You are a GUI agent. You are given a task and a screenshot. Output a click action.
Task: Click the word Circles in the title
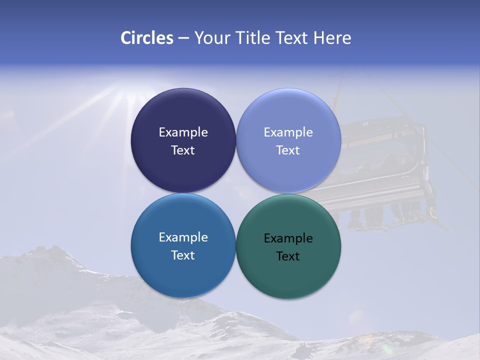pos(146,38)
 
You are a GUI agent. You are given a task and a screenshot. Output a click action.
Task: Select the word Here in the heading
pos(332,38)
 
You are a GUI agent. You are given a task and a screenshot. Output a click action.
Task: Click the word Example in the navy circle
pos(183,132)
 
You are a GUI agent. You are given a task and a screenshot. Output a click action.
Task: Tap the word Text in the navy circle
pos(183,150)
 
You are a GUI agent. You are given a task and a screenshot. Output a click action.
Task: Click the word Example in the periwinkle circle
pos(288,132)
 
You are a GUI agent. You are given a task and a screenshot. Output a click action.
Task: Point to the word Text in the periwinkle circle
pos(288,150)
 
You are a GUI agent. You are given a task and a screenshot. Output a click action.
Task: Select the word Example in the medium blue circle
pos(183,237)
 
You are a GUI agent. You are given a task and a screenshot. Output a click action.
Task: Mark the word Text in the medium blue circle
pos(183,255)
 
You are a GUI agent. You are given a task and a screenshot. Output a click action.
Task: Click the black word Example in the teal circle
pos(288,238)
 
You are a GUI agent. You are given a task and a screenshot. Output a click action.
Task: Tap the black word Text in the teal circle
pos(288,256)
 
